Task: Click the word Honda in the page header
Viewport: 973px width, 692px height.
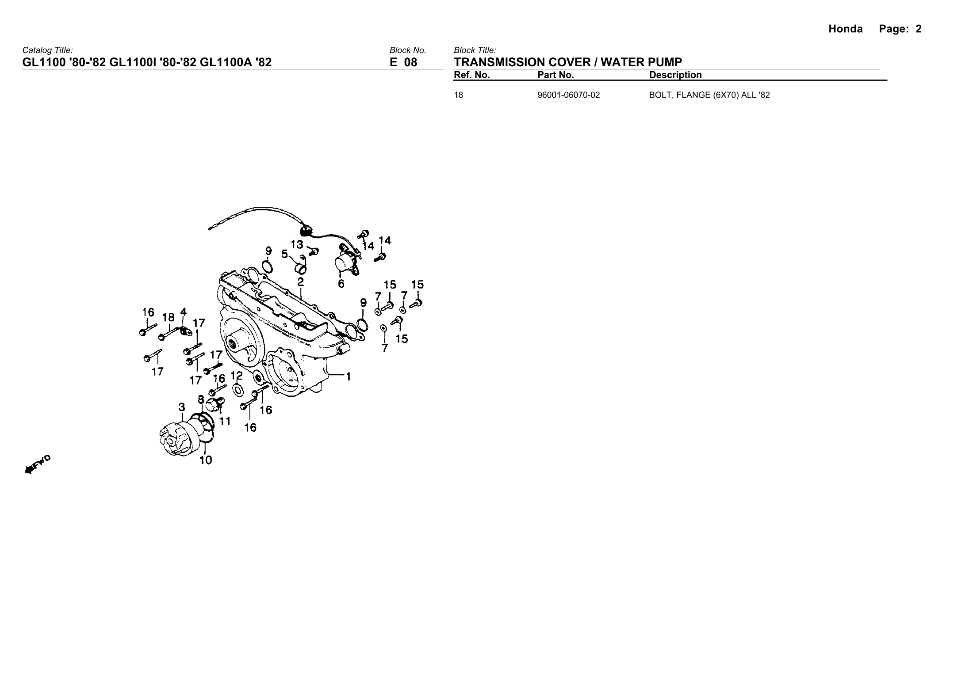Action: (845, 29)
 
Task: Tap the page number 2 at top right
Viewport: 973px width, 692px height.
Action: (919, 29)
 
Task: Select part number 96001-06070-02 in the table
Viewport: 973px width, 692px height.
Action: (568, 95)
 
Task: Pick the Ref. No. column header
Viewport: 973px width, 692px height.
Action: (472, 75)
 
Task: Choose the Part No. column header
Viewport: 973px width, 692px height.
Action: (555, 75)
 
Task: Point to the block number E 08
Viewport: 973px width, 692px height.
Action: (403, 62)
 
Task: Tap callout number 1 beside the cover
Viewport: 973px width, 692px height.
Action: (349, 376)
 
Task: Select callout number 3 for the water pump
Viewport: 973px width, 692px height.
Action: (182, 407)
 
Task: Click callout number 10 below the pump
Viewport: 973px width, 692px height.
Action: (206, 460)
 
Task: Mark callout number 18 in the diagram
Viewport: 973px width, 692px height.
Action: (169, 317)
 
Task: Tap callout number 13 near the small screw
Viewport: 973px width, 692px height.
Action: (297, 244)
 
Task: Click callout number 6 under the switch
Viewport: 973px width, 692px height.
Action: (341, 283)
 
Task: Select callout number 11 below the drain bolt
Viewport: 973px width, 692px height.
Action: (225, 421)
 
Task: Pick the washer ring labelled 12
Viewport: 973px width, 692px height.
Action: (238, 390)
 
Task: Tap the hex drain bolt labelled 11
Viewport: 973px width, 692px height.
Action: (214, 403)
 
